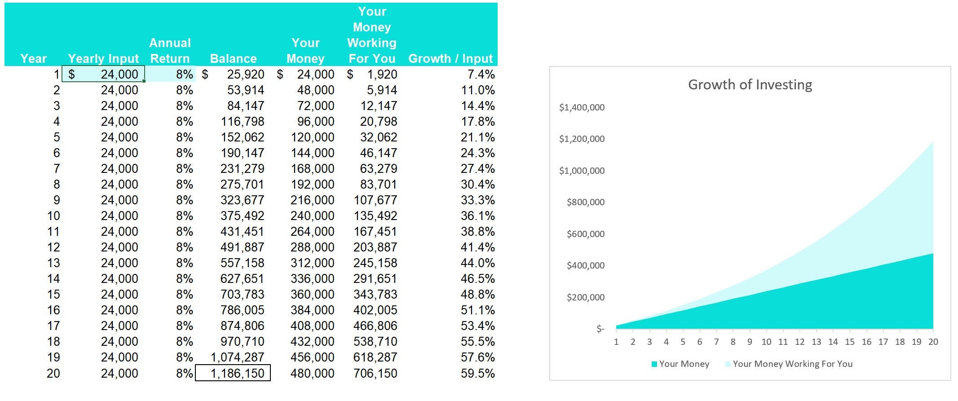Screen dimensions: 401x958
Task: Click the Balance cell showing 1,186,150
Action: [233, 373]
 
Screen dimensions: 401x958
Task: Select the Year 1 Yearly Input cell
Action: [103, 74]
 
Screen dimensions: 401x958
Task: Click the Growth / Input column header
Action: [450, 58]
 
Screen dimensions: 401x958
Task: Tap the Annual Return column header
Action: [170, 51]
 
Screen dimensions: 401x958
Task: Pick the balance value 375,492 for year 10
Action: [242, 216]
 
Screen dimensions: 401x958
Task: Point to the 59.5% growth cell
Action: [477, 373]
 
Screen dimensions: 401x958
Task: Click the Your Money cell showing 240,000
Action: [312, 216]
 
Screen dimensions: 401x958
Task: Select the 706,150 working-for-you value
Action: [375, 373]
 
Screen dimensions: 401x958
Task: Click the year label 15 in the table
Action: [53, 295]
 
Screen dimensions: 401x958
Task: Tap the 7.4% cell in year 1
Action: [481, 74]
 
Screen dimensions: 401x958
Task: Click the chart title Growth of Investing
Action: [750, 85]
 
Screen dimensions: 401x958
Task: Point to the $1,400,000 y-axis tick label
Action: [582, 107]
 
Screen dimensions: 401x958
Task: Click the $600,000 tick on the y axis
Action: [585, 234]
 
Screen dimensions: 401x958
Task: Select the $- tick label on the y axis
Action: [600, 329]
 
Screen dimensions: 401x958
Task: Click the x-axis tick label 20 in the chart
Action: [933, 342]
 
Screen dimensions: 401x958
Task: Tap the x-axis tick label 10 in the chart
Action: [766, 342]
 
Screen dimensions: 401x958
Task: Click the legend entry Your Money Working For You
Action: [792, 364]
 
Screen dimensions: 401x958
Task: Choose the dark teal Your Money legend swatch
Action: [654, 364]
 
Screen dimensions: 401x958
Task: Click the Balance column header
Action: [233, 58]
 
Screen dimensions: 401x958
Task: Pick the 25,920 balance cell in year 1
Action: [245, 74]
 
